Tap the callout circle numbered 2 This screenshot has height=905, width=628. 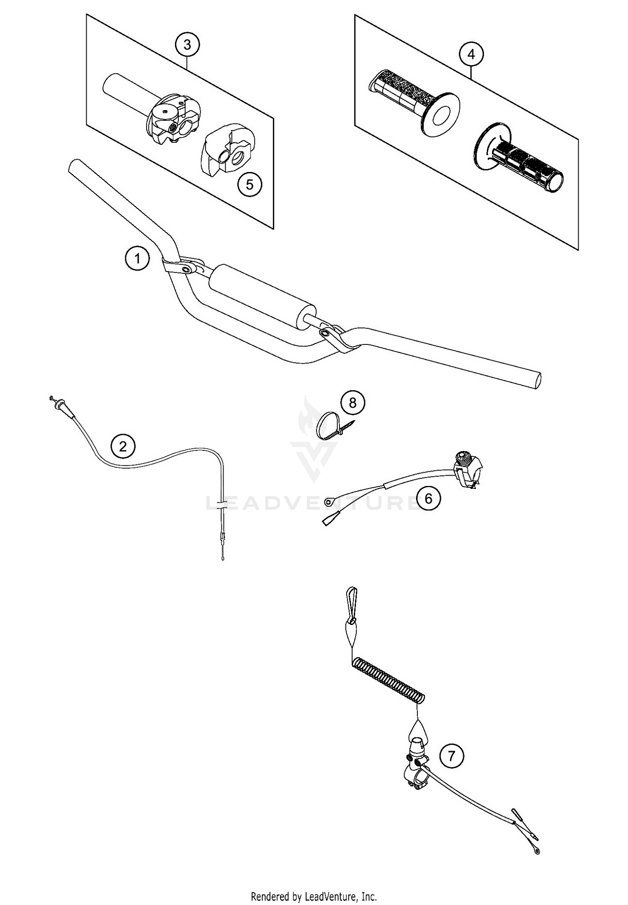123,446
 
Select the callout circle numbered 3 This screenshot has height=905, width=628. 187,44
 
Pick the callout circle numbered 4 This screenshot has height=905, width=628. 471,54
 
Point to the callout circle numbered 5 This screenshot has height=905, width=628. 250,185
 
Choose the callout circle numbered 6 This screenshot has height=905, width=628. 428,498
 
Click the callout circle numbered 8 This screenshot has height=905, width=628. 353,403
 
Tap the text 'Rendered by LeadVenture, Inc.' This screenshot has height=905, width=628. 314,896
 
